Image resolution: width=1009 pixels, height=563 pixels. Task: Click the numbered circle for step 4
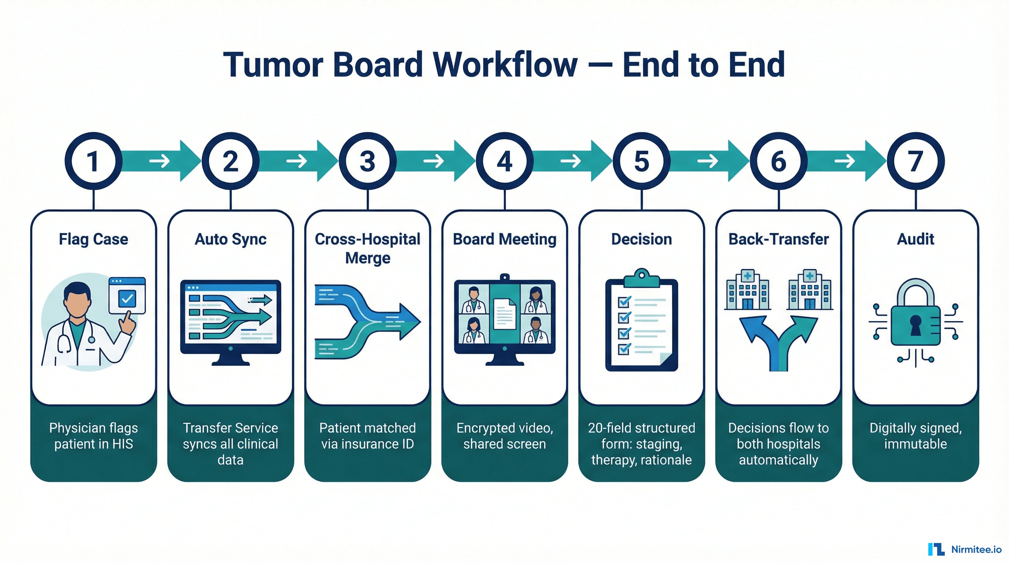[504, 161]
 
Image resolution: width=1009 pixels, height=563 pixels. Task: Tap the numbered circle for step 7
[916, 161]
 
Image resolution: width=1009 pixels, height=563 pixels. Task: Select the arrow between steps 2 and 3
[298, 161]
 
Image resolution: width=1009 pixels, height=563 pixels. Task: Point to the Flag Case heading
[93, 239]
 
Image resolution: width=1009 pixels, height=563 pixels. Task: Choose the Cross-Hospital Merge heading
[367, 248]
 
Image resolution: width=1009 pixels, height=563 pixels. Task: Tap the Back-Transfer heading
[778, 239]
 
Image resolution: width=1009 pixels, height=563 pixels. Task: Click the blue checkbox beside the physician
[127, 299]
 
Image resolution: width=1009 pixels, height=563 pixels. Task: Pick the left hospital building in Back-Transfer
[747, 291]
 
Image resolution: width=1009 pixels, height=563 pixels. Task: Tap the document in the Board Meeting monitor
[504, 314]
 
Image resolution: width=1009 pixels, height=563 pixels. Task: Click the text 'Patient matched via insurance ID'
[367, 436]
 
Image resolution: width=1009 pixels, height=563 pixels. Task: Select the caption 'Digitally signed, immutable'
[916, 436]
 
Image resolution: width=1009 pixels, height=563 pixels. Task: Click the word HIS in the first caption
[122, 444]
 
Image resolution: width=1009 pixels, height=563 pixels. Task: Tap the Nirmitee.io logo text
[976, 549]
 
